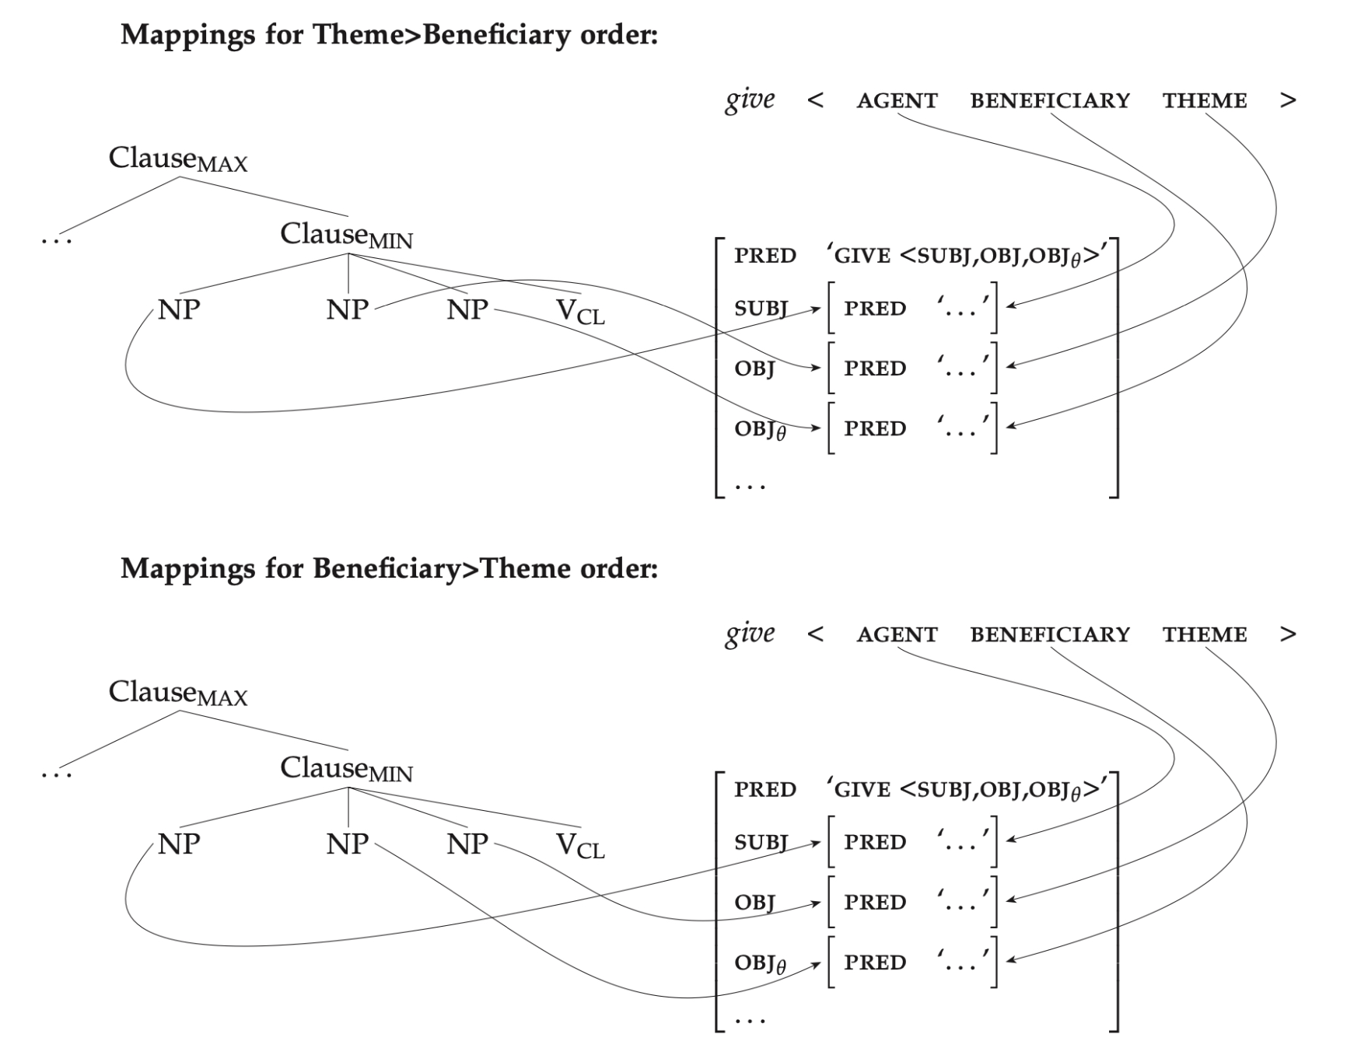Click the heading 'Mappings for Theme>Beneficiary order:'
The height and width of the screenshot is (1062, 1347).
pyautogui.click(x=389, y=35)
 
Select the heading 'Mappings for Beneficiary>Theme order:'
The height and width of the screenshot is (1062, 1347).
pyautogui.click(x=389, y=569)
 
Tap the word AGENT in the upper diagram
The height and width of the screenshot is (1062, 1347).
pyautogui.click(x=897, y=101)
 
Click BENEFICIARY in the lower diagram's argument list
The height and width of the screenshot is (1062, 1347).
pyautogui.click(x=1049, y=635)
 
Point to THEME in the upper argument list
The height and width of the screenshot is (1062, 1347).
pyautogui.click(x=1205, y=101)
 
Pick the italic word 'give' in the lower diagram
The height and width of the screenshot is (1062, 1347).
pyautogui.click(x=750, y=634)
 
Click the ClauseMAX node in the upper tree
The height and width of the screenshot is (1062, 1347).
pyautogui.click(x=178, y=159)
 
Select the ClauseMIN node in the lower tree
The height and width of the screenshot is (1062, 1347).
pyautogui.click(x=346, y=769)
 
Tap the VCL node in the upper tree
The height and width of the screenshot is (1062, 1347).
pyautogui.click(x=580, y=311)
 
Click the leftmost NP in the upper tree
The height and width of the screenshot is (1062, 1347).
pyautogui.click(x=179, y=310)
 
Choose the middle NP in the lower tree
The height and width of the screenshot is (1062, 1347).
pyautogui.click(x=347, y=844)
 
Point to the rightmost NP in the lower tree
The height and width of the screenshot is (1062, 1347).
pyautogui.click(x=467, y=844)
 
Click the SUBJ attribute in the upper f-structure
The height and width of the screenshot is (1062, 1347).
pyautogui.click(x=761, y=309)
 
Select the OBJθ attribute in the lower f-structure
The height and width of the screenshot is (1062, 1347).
pyautogui.click(x=760, y=964)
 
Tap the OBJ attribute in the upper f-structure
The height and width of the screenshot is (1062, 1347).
pyautogui.click(x=754, y=369)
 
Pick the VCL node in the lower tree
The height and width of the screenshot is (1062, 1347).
pyautogui.click(x=580, y=845)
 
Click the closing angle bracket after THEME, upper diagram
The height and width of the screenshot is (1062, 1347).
pyautogui.click(x=1288, y=101)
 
